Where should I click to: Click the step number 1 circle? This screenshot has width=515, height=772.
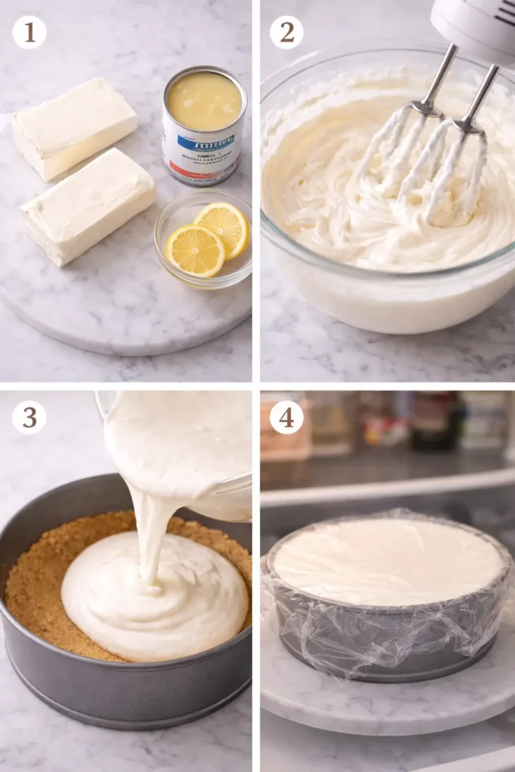[29, 32]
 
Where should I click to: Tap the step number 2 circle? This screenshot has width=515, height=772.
[287, 32]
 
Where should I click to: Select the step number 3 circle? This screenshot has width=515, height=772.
[29, 417]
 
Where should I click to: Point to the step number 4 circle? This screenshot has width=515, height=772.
[287, 417]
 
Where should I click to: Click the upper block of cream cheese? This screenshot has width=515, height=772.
[74, 127]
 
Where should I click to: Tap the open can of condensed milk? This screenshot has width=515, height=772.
[204, 124]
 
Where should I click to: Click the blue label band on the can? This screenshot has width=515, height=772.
[205, 142]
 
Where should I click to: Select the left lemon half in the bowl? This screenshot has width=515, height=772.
[195, 250]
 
